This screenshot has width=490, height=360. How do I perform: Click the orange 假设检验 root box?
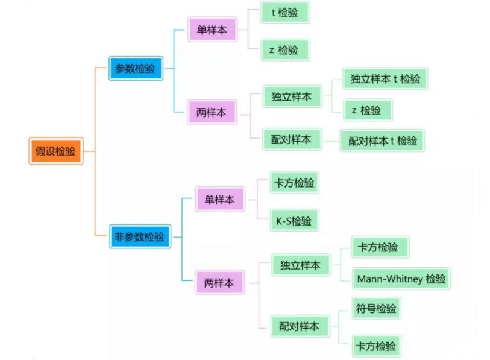click(55, 151)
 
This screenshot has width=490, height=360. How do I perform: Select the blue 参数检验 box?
click(136, 68)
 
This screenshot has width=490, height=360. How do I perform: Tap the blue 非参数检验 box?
click(139, 237)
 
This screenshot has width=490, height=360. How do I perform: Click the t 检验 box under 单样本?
click(285, 12)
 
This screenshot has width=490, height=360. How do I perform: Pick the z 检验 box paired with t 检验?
click(285, 50)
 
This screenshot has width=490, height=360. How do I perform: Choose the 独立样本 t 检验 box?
click(385, 78)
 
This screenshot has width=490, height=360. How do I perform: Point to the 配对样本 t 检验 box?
click(382, 141)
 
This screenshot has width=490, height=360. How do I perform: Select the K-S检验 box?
click(294, 221)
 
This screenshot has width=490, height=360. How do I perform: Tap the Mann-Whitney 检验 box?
click(401, 279)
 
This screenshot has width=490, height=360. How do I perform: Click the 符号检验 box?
click(377, 309)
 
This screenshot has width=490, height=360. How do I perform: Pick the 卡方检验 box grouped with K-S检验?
click(294, 183)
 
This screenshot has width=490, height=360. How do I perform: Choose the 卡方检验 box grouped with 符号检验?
click(376, 346)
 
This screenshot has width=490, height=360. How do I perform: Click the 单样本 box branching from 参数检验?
click(212, 30)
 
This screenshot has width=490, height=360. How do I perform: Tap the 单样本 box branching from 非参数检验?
click(219, 199)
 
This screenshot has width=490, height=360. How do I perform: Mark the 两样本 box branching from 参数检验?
click(212, 112)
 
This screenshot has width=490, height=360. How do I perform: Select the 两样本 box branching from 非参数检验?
click(219, 282)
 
